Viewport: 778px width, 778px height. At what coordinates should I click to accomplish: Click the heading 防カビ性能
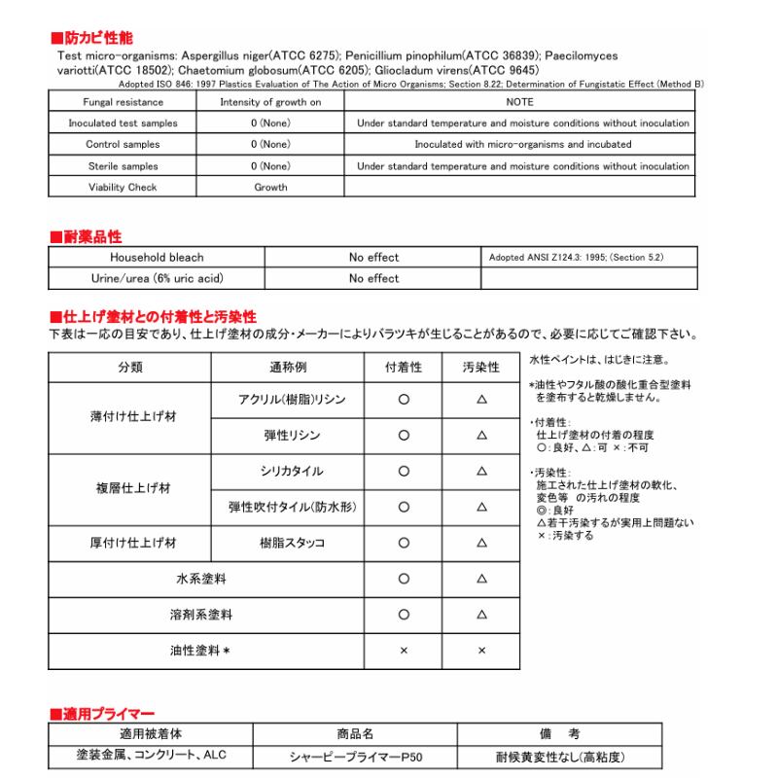click(91, 38)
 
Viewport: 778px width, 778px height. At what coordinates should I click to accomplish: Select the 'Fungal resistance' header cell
click(114, 101)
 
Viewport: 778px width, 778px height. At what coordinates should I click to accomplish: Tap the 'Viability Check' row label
click(114, 188)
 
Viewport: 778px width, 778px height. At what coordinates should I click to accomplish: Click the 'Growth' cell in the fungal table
click(270, 188)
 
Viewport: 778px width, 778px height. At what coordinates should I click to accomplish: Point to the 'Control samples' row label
click(114, 145)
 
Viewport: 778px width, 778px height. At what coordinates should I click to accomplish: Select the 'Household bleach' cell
click(157, 258)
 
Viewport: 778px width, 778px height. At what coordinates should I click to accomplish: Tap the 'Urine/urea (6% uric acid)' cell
click(157, 278)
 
